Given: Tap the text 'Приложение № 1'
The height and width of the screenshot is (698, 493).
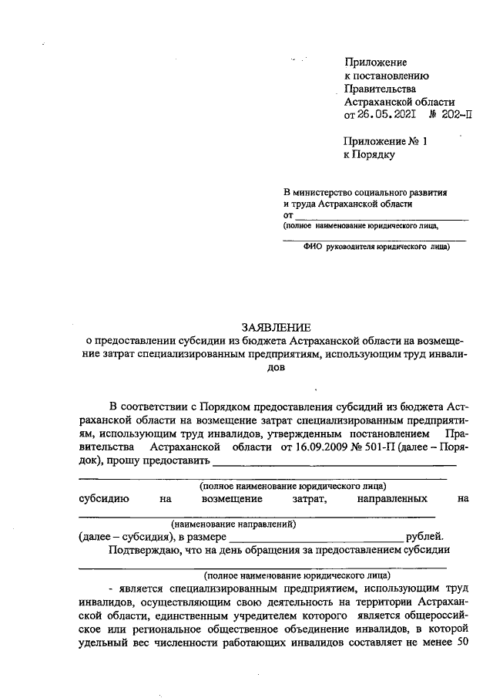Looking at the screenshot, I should point(384,141).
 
